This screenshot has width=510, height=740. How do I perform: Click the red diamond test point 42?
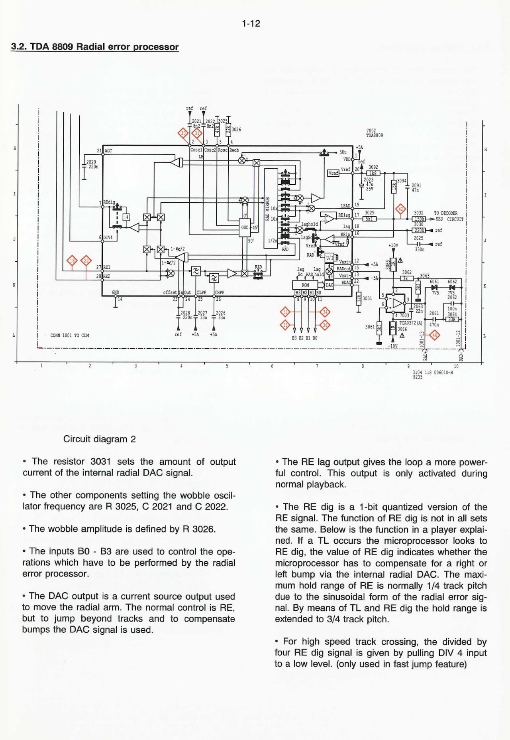click(x=400, y=209)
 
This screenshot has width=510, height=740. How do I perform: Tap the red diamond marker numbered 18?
click(x=72, y=261)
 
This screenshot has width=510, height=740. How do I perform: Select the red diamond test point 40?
click(x=434, y=335)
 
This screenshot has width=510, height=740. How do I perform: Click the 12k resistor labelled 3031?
click(x=359, y=298)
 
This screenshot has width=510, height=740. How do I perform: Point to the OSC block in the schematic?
click(x=244, y=228)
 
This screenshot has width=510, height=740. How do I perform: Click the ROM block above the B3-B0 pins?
click(x=305, y=285)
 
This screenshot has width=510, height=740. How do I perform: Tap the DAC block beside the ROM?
click(x=330, y=285)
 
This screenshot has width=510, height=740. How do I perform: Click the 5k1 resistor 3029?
click(x=369, y=219)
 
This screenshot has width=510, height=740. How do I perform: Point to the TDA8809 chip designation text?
click(x=374, y=135)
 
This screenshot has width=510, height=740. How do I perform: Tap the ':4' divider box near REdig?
click(x=126, y=217)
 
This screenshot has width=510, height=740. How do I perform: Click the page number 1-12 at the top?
click(x=251, y=24)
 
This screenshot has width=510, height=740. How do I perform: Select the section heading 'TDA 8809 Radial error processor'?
click(x=95, y=47)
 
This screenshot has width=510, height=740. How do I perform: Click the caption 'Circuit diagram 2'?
click(x=99, y=439)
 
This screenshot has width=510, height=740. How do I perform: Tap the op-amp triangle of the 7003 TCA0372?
click(x=397, y=303)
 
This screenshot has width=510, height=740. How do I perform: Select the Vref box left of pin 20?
click(x=333, y=173)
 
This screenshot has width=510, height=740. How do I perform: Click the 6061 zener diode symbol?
click(x=435, y=287)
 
